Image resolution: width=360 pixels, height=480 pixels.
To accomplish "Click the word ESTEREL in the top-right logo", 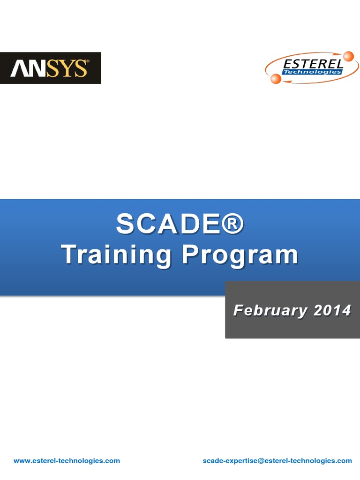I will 312,63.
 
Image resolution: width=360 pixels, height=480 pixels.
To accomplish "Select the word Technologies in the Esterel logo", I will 312,72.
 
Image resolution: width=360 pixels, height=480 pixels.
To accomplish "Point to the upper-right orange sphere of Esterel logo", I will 348,57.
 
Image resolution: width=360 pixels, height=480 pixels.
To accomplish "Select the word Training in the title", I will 117,255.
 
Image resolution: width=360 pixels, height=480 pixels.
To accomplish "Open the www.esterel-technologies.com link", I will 67,461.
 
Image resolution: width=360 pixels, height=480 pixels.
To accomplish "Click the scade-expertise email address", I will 277,461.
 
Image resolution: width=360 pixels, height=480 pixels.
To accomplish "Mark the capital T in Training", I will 69,255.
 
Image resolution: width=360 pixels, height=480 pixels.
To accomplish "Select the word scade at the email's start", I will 211,461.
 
